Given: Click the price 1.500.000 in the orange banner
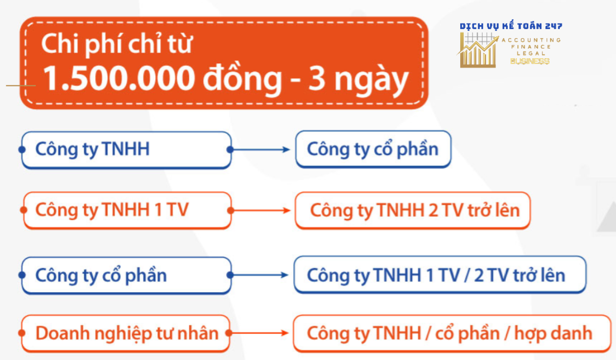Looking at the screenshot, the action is pyautogui.click(x=119, y=78).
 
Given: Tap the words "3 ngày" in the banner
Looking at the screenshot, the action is pyautogui.click(x=359, y=81).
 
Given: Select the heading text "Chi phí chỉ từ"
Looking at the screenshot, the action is pyautogui.click(x=116, y=44).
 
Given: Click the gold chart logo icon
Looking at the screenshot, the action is pyautogui.click(x=478, y=50).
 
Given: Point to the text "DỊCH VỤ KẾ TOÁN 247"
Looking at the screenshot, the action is pyautogui.click(x=511, y=26).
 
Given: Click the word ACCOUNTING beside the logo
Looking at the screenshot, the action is pyautogui.click(x=531, y=40).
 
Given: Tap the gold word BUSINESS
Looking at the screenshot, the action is pyautogui.click(x=530, y=61).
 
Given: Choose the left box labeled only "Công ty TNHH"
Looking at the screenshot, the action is pyautogui.click(x=126, y=150).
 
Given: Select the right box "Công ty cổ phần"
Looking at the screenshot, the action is pyautogui.click(x=373, y=149).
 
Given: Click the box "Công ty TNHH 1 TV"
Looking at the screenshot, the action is pyautogui.click(x=127, y=210).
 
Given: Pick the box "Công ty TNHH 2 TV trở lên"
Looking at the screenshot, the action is pyautogui.click(x=413, y=211).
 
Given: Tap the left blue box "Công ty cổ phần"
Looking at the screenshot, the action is pyautogui.click(x=126, y=275).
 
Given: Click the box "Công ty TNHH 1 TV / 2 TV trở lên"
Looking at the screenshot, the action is pyautogui.click(x=440, y=275).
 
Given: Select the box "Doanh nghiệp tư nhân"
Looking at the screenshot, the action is pyautogui.click(x=126, y=333).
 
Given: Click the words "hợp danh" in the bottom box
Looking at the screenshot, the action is pyautogui.click(x=553, y=334).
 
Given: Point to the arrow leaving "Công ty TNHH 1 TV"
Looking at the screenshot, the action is pyautogui.click(x=260, y=211).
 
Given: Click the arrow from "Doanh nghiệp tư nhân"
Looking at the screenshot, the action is pyautogui.click(x=258, y=333).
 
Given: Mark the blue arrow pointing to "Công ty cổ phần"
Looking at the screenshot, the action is pyautogui.click(x=260, y=150).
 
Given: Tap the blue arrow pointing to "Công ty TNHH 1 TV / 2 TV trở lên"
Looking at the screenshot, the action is pyautogui.click(x=259, y=275).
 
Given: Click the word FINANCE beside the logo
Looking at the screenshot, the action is pyautogui.click(x=531, y=47).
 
